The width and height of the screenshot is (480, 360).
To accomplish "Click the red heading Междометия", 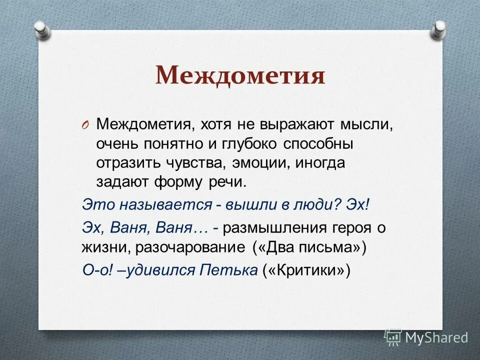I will point(240,75).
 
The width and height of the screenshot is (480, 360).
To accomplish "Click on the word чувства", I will point(195,163).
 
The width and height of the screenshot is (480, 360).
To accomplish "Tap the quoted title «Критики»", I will point(305,270).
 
